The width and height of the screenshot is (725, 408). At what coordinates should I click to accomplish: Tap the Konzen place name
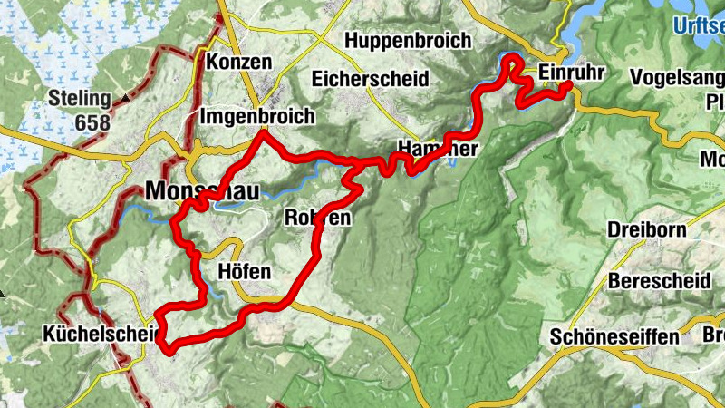(239, 62)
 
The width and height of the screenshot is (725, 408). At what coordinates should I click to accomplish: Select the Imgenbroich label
(256, 117)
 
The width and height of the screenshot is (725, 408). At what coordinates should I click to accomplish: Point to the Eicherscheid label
(370, 79)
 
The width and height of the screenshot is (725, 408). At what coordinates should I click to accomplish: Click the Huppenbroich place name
(409, 41)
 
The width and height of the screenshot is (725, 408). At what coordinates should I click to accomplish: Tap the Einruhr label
(570, 72)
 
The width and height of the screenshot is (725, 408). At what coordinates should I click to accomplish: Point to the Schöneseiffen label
(614, 337)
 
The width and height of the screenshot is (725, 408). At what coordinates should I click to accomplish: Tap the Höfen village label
(245, 271)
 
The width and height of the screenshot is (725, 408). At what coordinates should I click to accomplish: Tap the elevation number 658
(92, 122)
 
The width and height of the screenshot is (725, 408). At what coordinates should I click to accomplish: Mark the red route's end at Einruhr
(568, 86)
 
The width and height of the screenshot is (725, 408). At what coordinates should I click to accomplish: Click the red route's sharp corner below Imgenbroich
(263, 133)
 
